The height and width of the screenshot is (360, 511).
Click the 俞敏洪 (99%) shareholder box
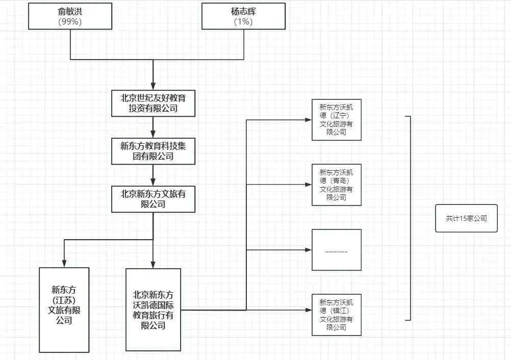click(x=70, y=16)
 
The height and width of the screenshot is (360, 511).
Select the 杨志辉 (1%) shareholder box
click(x=243, y=16)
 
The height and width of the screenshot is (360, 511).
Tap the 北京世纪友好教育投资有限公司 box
click(x=153, y=104)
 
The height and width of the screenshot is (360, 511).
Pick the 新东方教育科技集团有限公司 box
click(x=153, y=151)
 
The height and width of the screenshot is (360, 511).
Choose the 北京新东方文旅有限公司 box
click(x=153, y=199)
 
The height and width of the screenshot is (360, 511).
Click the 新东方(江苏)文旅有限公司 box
click(x=64, y=310)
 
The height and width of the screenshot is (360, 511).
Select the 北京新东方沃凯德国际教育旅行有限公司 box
click(x=153, y=310)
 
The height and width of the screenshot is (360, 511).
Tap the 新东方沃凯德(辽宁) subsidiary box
click(x=336, y=120)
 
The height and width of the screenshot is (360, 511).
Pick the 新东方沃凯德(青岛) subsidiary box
click(x=336, y=185)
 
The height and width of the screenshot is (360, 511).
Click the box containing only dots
click(x=336, y=250)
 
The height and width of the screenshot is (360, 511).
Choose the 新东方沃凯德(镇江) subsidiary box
click(x=336, y=315)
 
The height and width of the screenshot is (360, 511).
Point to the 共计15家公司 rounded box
click(x=466, y=218)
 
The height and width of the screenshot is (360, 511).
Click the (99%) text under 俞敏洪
click(x=70, y=21)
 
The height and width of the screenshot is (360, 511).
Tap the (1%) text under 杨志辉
click(x=243, y=21)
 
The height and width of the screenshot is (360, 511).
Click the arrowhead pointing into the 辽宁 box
click(x=308, y=120)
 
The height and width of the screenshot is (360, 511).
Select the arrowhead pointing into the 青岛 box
click(x=308, y=185)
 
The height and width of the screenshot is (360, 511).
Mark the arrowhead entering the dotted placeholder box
click(x=308, y=250)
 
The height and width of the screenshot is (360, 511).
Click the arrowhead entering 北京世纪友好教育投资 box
click(x=153, y=87)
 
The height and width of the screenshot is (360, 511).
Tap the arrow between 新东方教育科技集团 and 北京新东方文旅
click(x=153, y=176)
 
